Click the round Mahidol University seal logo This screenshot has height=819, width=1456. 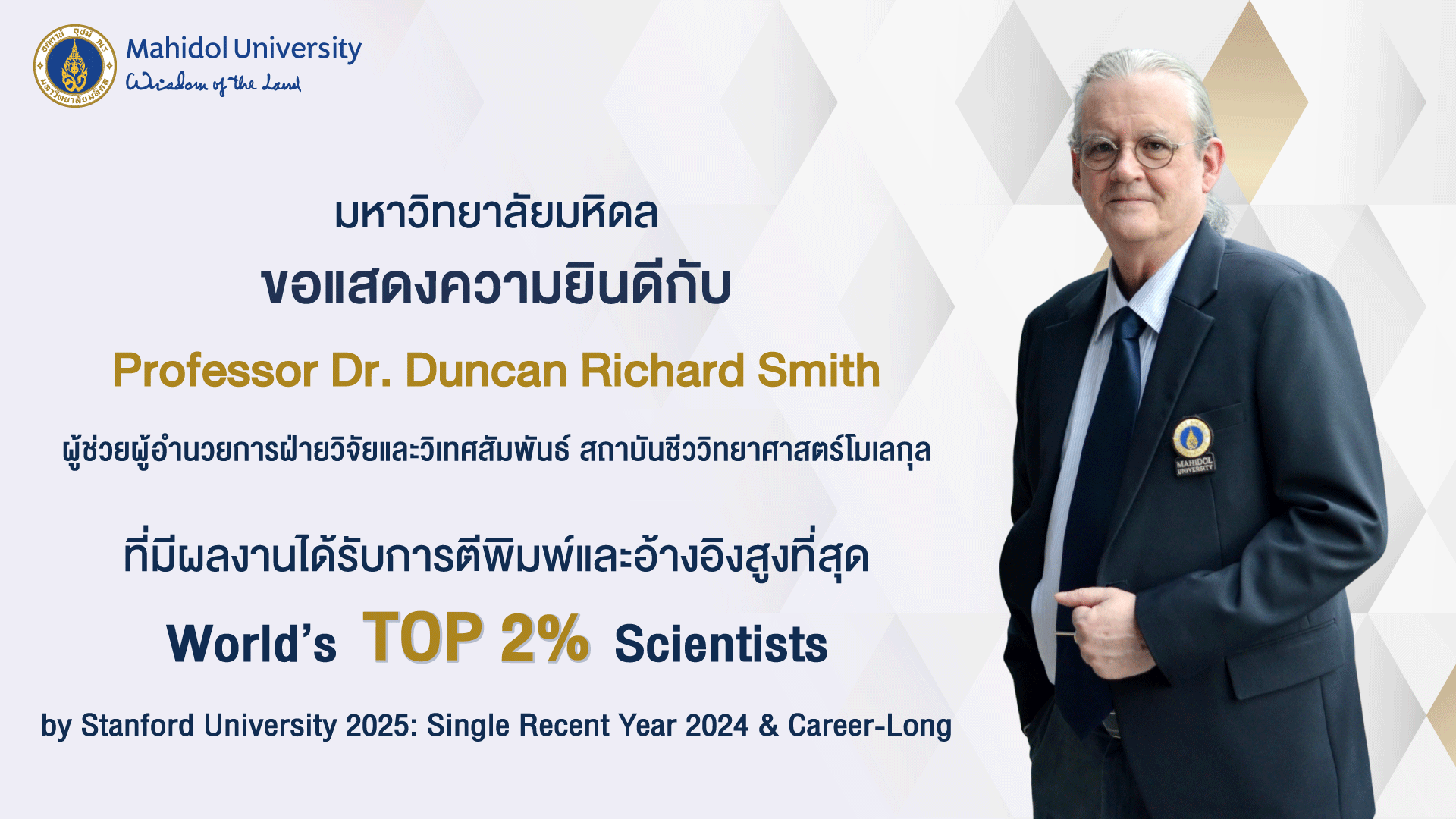(x=75, y=66)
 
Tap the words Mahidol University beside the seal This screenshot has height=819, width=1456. (x=243, y=49)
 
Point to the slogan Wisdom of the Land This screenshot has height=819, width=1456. (x=213, y=83)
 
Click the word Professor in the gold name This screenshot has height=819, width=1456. (x=215, y=371)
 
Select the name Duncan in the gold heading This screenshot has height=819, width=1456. (x=486, y=371)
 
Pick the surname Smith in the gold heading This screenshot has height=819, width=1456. (x=819, y=371)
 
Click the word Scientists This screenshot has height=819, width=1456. (x=721, y=645)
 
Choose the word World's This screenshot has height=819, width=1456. (x=252, y=645)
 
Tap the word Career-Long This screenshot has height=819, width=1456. (x=870, y=726)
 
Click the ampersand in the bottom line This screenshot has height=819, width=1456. (x=768, y=726)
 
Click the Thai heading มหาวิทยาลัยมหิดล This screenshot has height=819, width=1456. (x=496, y=214)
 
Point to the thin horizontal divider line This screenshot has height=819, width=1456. (x=497, y=500)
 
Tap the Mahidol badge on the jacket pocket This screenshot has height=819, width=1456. (x=1194, y=446)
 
